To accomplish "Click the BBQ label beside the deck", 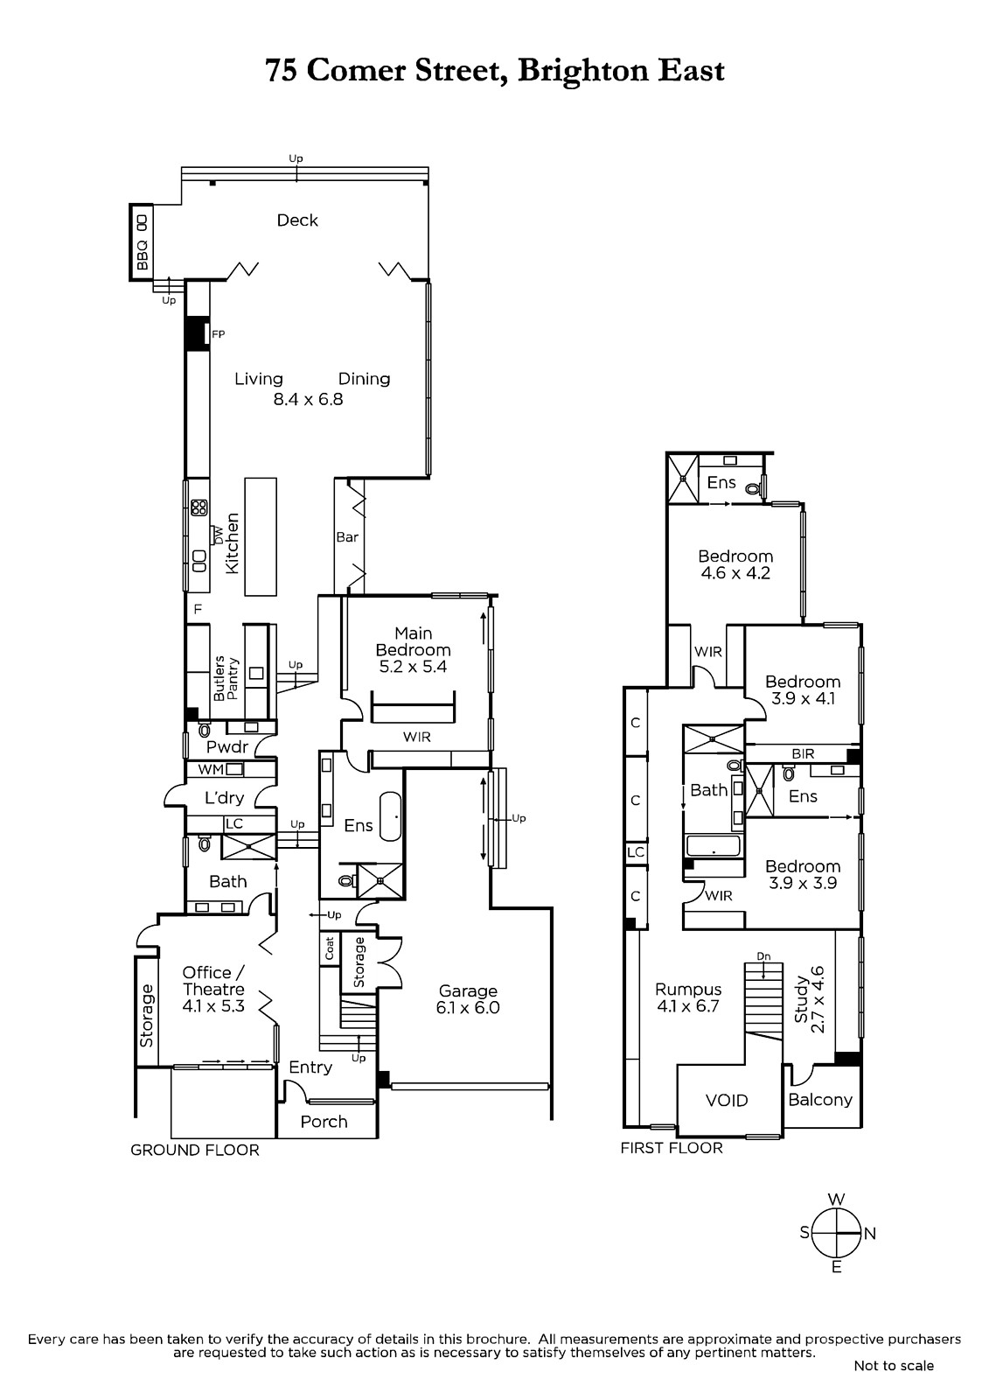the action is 143,255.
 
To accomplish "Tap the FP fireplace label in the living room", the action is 218,334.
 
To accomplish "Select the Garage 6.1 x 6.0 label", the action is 468,998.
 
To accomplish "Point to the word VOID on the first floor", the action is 727,1100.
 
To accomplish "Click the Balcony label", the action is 820,1099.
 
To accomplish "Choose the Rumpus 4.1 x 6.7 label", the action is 688,997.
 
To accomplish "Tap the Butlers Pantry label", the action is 226,678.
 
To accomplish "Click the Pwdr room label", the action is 227,746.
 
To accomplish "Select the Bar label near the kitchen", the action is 347,537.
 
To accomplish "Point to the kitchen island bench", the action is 261,536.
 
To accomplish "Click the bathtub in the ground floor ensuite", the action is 391,817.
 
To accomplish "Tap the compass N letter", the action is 870,1233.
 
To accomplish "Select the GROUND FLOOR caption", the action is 194,1150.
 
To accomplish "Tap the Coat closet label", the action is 330,948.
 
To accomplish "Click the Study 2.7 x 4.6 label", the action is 809,1000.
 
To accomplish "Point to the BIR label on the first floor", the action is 803,753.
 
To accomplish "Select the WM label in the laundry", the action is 211,770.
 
